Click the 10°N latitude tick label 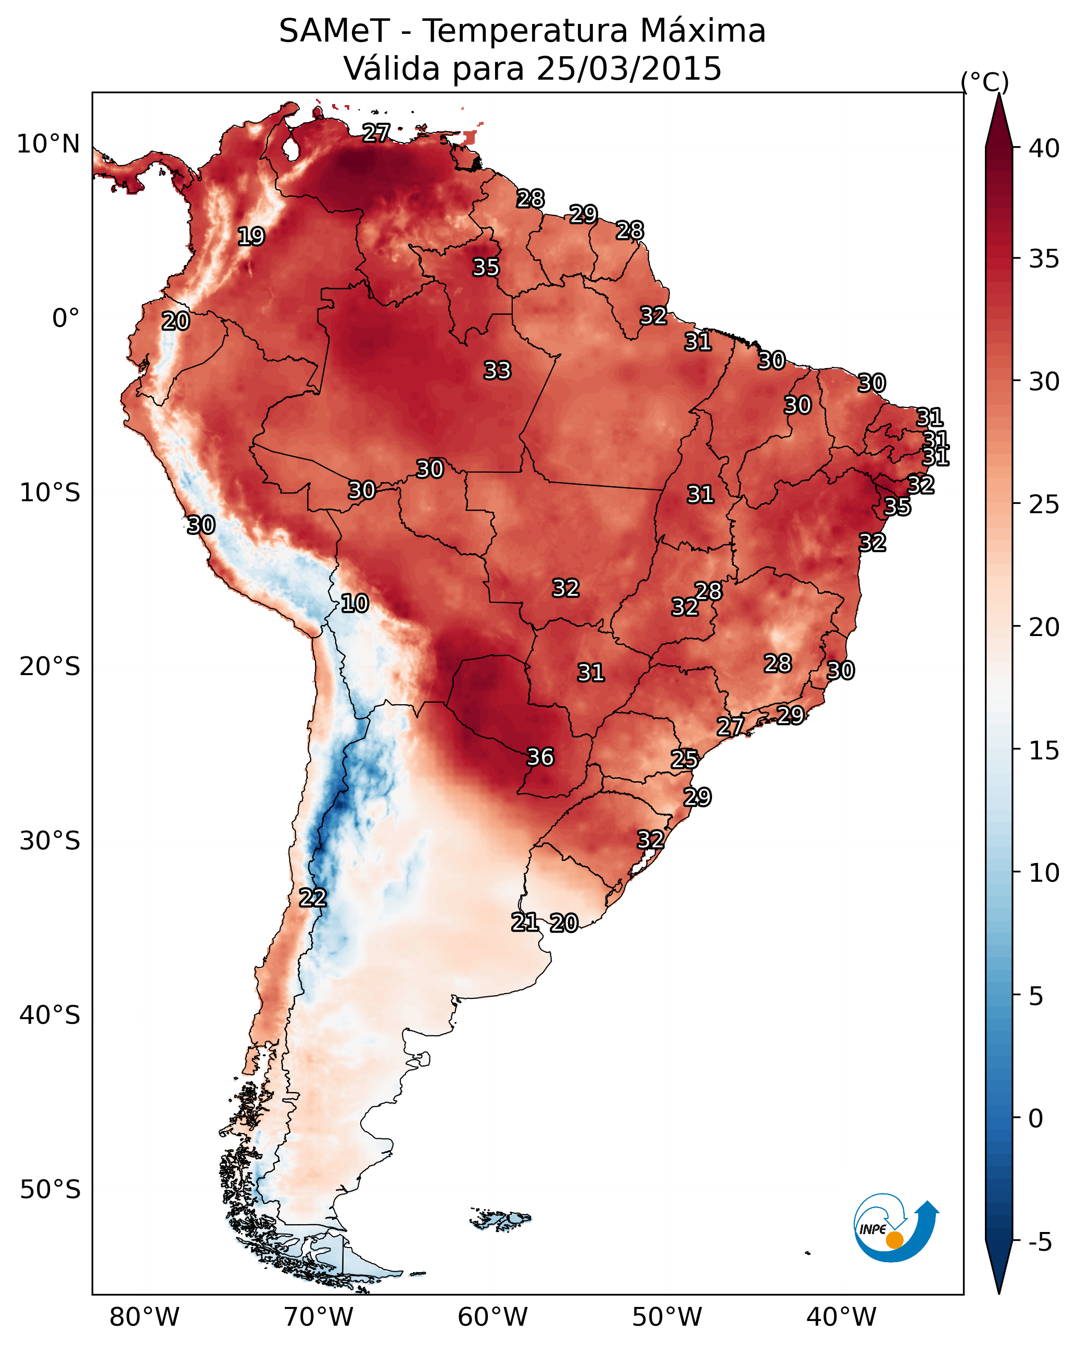pyautogui.click(x=48, y=144)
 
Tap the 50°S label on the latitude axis pyautogui.click(x=50, y=1190)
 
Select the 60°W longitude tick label pyautogui.click(x=493, y=1317)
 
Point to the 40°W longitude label pyautogui.click(x=841, y=1317)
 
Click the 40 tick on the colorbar pyautogui.click(x=1044, y=148)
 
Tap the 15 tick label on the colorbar pyautogui.click(x=1044, y=751)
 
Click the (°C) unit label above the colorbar pyautogui.click(x=984, y=82)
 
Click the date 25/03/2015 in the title pyautogui.click(x=629, y=68)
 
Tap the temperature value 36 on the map pyautogui.click(x=540, y=757)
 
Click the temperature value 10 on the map pyautogui.click(x=355, y=603)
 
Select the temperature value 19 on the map pyautogui.click(x=251, y=237)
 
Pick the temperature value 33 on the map pyautogui.click(x=497, y=370)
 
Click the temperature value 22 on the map pyautogui.click(x=312, y=898)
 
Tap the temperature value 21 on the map pyautogui.click(x=525, y=922)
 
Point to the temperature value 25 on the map pyautogui.click(x=685, y=759)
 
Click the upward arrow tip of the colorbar pyautogui.click(x=998, y=94)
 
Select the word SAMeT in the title pyautogui.click(x=335, y=31)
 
